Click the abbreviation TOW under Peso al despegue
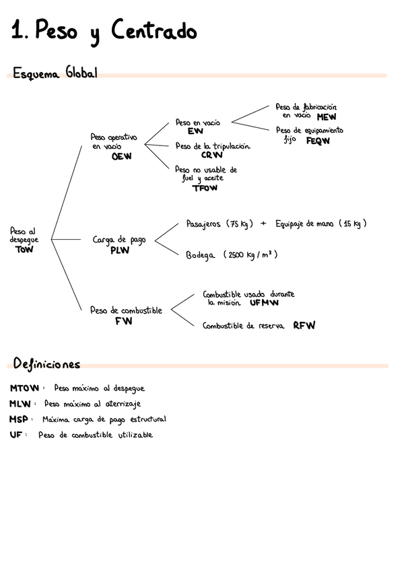24,249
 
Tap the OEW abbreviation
122,156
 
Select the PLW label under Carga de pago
120,250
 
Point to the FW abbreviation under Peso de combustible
124,321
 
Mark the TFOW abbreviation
205,189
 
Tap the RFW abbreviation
304,326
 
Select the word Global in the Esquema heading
80,73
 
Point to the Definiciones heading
46,364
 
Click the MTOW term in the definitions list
26,389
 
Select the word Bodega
200,255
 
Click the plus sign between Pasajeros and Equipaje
263,224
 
